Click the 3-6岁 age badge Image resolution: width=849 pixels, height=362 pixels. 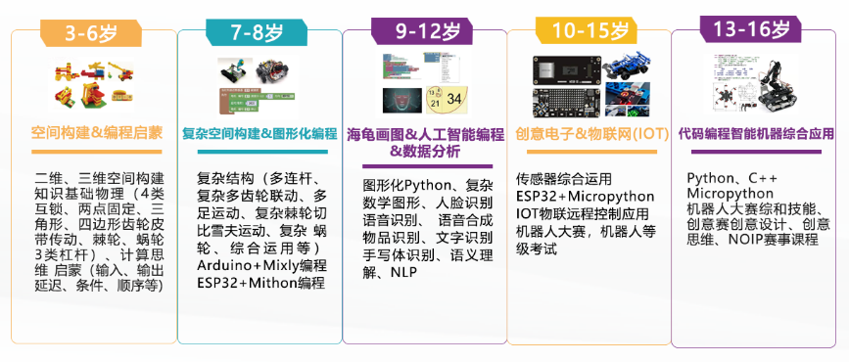tap(91, 33)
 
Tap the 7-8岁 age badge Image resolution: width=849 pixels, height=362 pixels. tap(257, 33)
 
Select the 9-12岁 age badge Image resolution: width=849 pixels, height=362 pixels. tap(421, 32)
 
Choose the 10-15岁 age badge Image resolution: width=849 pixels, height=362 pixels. tap(586, 31)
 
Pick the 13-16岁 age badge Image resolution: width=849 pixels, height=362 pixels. tap(750, 29)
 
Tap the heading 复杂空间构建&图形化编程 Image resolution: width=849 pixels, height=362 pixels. tap(259, 134)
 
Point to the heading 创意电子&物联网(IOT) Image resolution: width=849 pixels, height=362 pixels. tap(591, 133)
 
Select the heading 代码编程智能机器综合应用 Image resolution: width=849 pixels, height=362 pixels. tap(756, 133)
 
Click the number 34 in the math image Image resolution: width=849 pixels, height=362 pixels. tap(454, 100)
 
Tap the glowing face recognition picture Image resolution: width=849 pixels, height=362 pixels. tap(401, 101)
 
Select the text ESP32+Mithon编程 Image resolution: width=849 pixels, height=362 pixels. tap(261, 283)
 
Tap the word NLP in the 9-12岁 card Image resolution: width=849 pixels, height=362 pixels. tap(403, 272)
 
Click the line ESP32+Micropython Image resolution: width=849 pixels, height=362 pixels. tap(586, 196)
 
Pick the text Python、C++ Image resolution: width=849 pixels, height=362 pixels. tap(725, 178)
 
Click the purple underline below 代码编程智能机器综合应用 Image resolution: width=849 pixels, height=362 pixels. tap(756, 152)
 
